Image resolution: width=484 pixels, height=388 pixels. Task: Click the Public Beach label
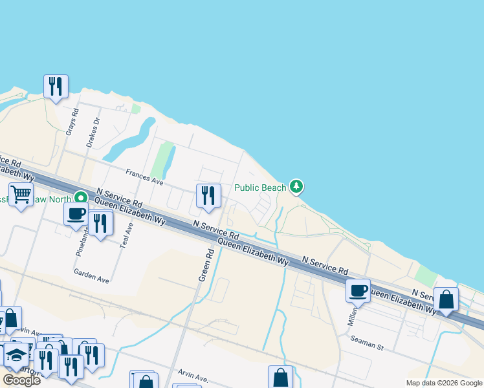click(x=259, y=188)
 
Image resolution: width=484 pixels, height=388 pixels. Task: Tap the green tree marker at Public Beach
click(x=296, y=187)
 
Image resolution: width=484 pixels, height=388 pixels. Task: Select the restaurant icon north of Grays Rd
click(x=56, y=86)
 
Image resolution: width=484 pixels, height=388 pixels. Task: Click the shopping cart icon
click(x=21, y=194)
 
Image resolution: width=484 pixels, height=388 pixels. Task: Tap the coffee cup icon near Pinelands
click(x=76, y=214)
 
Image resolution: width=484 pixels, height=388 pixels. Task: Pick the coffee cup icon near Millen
click(x=358, y=290)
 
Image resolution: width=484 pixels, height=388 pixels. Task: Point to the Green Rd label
click(x=210, y=264)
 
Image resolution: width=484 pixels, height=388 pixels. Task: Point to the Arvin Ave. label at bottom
click(x=193, y=377)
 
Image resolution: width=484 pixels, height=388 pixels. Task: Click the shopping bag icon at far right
click(x=446, y=299)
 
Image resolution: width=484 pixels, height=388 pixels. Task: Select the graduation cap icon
click(x=16, y=355)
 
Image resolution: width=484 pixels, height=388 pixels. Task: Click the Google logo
click(x=21, y=380)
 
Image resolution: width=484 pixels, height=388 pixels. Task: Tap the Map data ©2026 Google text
click(x=444, y=383)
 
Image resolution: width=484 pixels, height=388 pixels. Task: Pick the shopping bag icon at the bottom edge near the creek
click(x=281, y=377)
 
